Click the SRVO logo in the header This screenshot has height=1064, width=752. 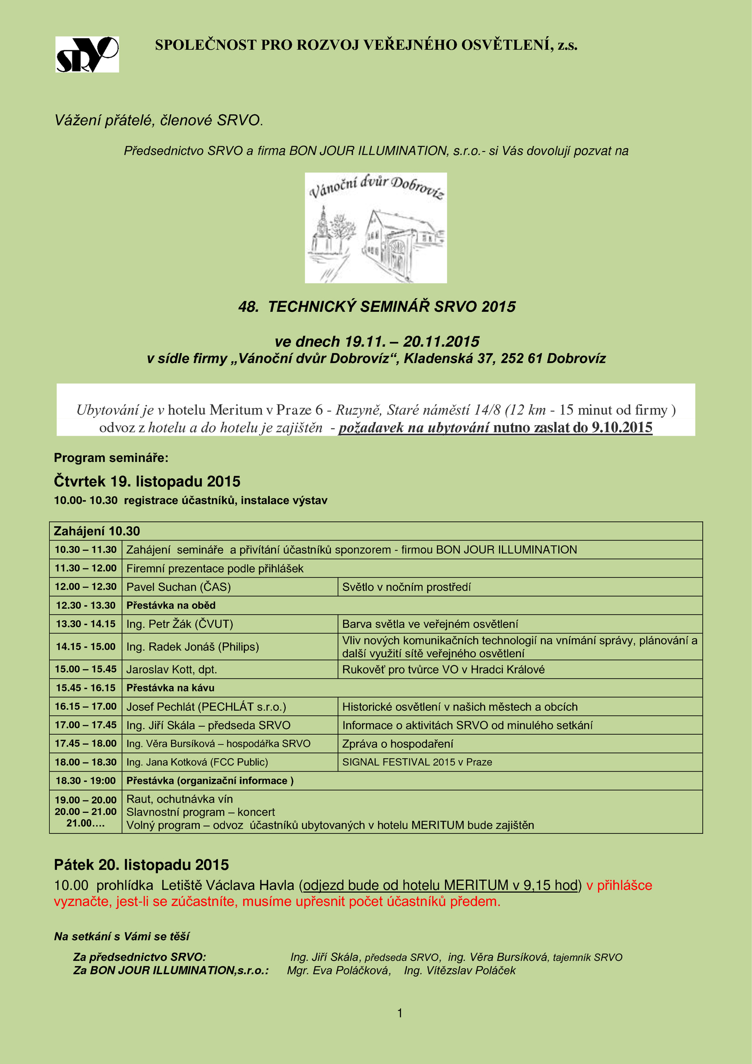point(87,55)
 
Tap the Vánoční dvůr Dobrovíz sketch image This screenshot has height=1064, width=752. point(376,228)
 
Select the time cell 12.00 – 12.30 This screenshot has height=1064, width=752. point(86,587)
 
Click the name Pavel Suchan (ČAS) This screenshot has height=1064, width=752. point(179,587)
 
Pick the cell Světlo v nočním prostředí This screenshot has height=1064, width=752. point(407,587)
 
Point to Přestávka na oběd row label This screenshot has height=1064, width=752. point(171,605)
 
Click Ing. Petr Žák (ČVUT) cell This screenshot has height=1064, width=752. point(180,624)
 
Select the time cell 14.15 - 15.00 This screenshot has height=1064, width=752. point(86,647)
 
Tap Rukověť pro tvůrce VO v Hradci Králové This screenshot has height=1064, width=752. point(443,669)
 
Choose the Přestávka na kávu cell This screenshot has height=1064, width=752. point(170,688)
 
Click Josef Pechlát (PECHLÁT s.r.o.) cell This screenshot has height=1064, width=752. point(206,707)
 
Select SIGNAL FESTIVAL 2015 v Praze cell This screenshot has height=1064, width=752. point(417,762)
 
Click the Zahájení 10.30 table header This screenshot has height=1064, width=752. point(97,531)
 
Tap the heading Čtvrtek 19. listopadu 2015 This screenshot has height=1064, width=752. point(147,481)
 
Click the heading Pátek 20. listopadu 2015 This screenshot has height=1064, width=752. point(141,865)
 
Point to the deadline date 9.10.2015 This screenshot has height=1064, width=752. point(622,427)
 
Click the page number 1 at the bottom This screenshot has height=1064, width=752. point(400,1013)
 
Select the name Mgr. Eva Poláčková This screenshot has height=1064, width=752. point(338,970)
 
